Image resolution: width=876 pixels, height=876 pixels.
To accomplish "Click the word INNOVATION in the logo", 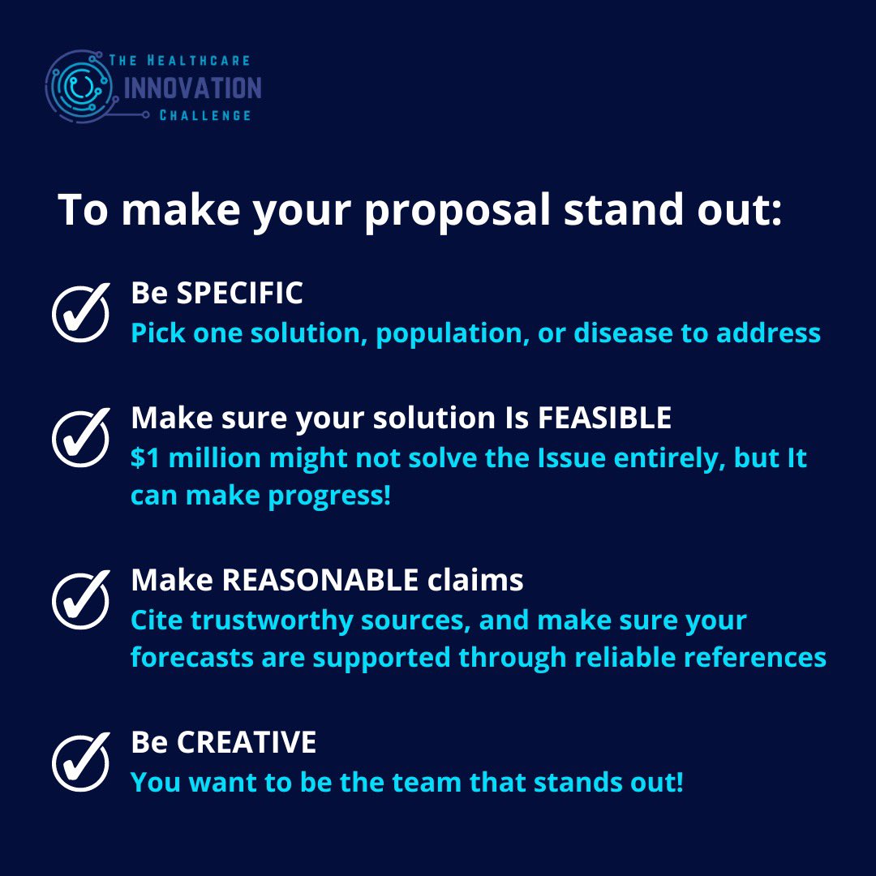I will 192,88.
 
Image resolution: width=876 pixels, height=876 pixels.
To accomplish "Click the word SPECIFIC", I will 239,294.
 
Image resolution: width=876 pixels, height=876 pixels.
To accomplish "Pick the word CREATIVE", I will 247,742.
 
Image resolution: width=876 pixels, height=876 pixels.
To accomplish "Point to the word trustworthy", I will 270,620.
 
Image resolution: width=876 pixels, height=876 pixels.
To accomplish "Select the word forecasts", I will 191,657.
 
